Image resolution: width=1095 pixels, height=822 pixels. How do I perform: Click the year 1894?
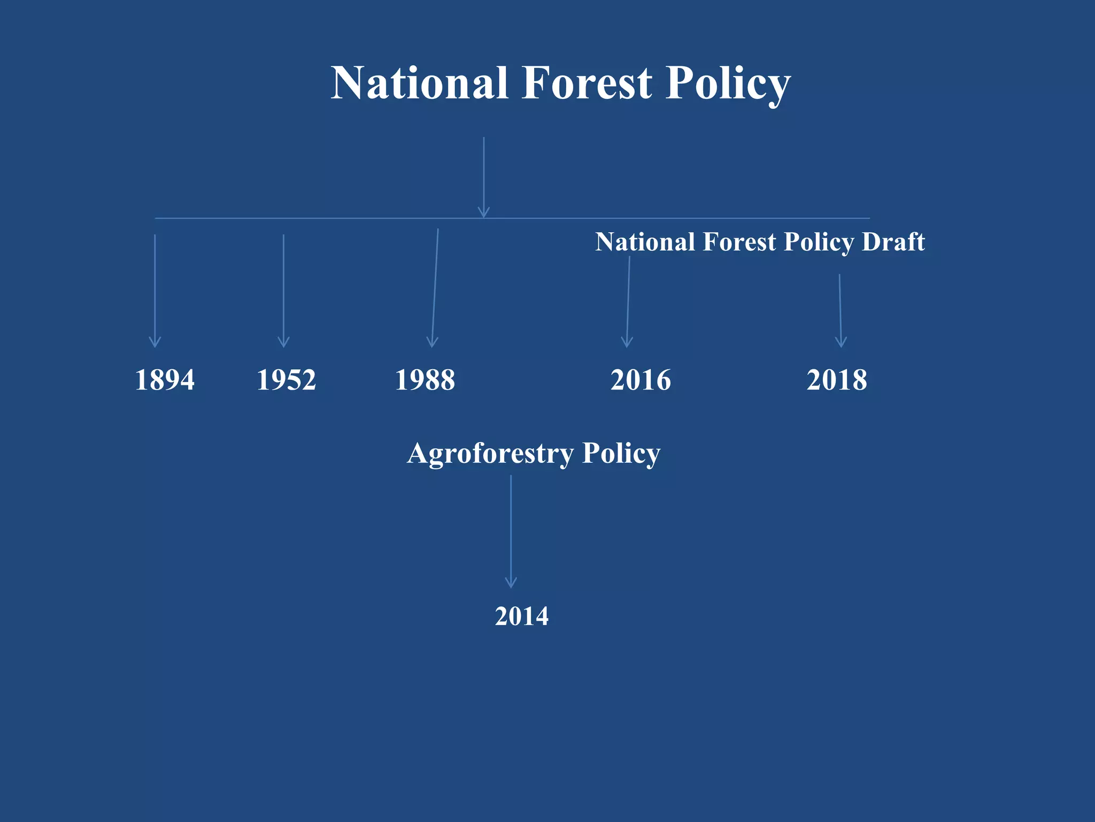point(165,380)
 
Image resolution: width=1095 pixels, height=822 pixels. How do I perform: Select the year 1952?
point(286,380)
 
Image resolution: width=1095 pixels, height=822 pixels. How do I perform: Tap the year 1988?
point(425,380)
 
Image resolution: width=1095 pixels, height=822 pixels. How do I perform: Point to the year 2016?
point(641,380)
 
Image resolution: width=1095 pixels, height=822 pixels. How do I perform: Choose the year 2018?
point(837,380)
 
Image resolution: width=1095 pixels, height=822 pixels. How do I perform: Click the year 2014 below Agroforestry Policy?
point(521,616)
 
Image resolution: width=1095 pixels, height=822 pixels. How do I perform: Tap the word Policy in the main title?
point(728,85)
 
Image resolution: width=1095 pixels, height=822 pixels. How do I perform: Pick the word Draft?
point(893,242)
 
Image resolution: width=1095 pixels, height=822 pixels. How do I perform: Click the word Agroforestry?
point(490,454)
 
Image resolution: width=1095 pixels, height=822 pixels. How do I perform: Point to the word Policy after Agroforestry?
point(621,454)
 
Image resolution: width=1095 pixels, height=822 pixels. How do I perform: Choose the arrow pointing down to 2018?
point(840,310)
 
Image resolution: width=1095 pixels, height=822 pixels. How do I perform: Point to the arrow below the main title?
point(484,177)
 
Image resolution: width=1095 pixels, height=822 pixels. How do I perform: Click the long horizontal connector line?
point(695,218)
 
